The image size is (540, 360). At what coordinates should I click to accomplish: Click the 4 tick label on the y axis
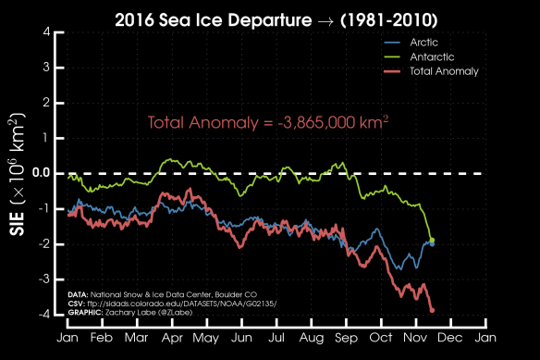[46, 32]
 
